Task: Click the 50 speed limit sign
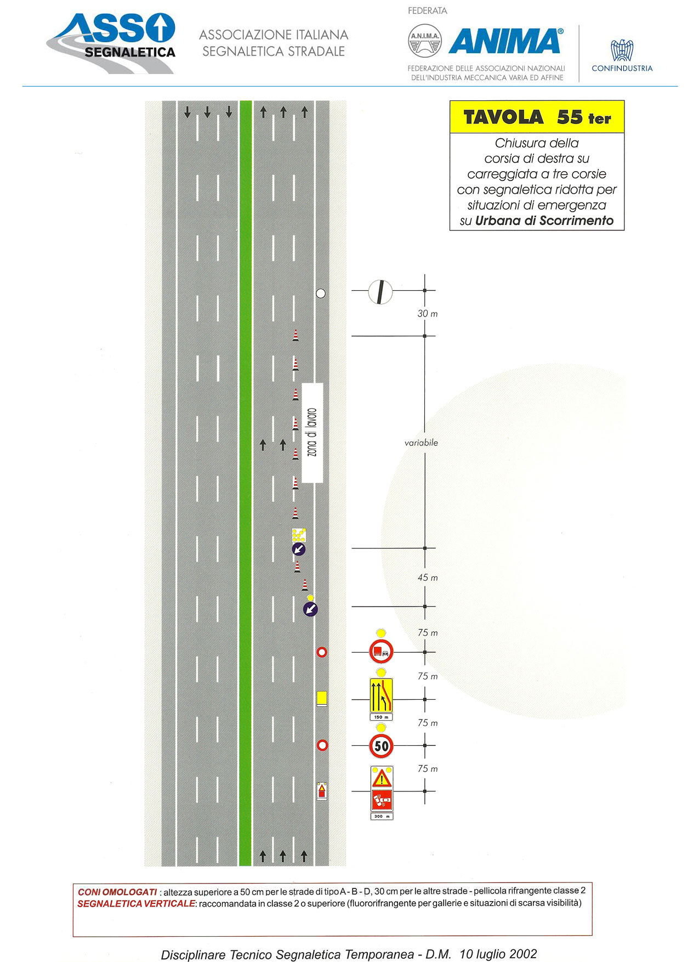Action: tap(382, 745)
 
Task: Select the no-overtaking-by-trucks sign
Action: tap(382, 652)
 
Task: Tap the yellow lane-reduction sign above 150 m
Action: tap(382, 695)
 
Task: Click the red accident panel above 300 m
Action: tap(382, 800)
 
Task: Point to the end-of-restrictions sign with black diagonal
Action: tap(380, 291)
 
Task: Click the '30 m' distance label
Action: tap(428, 314)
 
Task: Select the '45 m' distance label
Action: tap(428, 578)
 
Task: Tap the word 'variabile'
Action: tap(421, 443)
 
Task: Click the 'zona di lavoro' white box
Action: tap(312, 433)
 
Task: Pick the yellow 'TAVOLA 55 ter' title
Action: tap(537, 117)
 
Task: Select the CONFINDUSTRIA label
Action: tap(622, 69)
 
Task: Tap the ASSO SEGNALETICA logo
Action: tap(112, 42)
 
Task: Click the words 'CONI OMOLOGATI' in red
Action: tap(117, 892)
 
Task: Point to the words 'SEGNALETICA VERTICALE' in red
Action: tap(136, 904)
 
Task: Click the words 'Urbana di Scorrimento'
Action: tap(544, 220)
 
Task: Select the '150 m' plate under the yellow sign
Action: tap(382, 717)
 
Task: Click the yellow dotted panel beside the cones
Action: tap(299, 535)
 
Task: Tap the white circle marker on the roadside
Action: tap(321, 293)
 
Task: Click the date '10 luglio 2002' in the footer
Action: tap(498, 954)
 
